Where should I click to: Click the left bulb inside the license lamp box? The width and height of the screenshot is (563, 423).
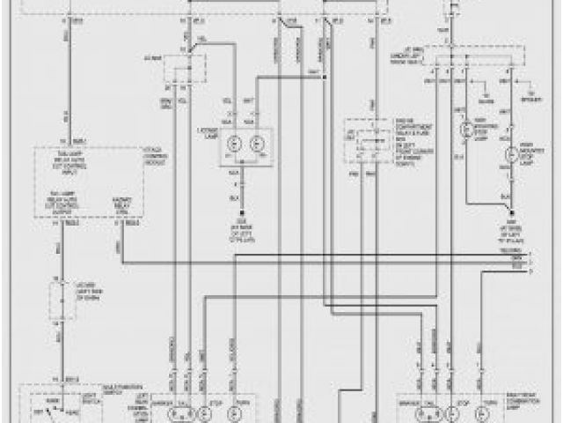(x=235, y=144)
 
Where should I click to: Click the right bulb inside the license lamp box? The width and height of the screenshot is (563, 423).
(x=257, y=144)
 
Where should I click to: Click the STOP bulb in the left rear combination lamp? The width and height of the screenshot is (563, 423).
(x=203, y=412)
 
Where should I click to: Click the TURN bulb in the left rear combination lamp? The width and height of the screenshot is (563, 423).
(x=236, y=412)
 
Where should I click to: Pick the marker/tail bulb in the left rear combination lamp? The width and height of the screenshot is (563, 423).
(x=172, y=412)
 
